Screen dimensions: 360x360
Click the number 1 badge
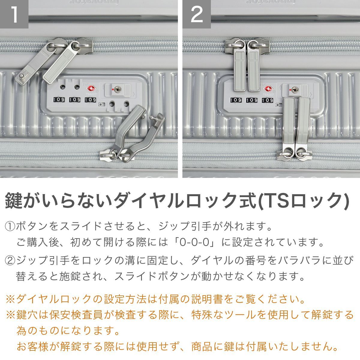14,14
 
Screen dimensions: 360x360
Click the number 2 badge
196,14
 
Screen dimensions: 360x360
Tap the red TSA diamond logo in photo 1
91,89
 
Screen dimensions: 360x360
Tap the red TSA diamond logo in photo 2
269,89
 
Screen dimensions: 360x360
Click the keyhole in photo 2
294,89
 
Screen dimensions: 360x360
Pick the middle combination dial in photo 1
74,100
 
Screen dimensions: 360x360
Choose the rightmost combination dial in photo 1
90,100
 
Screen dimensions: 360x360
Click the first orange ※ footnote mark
10,299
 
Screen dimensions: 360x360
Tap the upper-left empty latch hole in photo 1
63,87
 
